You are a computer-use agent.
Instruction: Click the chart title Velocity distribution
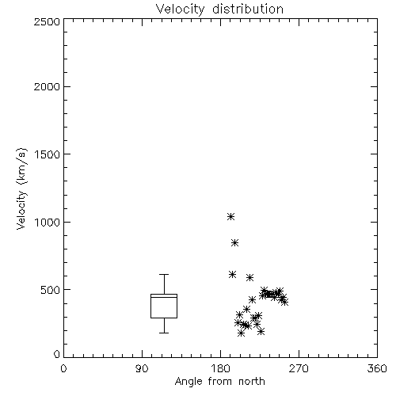click(x=219, y=10)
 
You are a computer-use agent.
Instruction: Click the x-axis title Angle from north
click(x=219, y=382)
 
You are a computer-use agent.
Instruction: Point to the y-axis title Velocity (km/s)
click(x=21, y=188)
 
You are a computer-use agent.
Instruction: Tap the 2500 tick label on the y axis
click(x=47, y=21)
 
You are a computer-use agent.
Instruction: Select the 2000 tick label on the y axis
click(x=47, y=86)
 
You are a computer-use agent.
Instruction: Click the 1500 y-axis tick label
click(x=48, y=154)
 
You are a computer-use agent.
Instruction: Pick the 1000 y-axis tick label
click(x=48, y=222)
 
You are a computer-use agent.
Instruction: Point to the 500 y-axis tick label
click(x=51, y=290)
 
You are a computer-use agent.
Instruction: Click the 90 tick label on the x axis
click(x=142, y=368)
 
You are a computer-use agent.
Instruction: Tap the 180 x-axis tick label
click(x=220, y=368)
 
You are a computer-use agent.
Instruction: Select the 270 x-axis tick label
click(x=299, y=368)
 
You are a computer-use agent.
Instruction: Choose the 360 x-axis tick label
click(x=377, y=368)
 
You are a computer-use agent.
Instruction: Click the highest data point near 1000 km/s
click(x=231, y=217)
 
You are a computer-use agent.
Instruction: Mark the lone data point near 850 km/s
click(x=235, y=243)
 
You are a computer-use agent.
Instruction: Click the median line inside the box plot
click(x=164, y=297)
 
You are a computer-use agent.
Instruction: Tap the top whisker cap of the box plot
click(x=164, y=275)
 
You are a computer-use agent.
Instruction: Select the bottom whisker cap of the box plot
click(x=164, y=333)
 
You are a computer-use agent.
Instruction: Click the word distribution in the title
click(x=248, y=10)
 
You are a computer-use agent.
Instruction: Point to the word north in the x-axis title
click(x=252, y=382)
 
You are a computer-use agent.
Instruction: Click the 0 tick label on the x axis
click(x=63, y=368)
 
